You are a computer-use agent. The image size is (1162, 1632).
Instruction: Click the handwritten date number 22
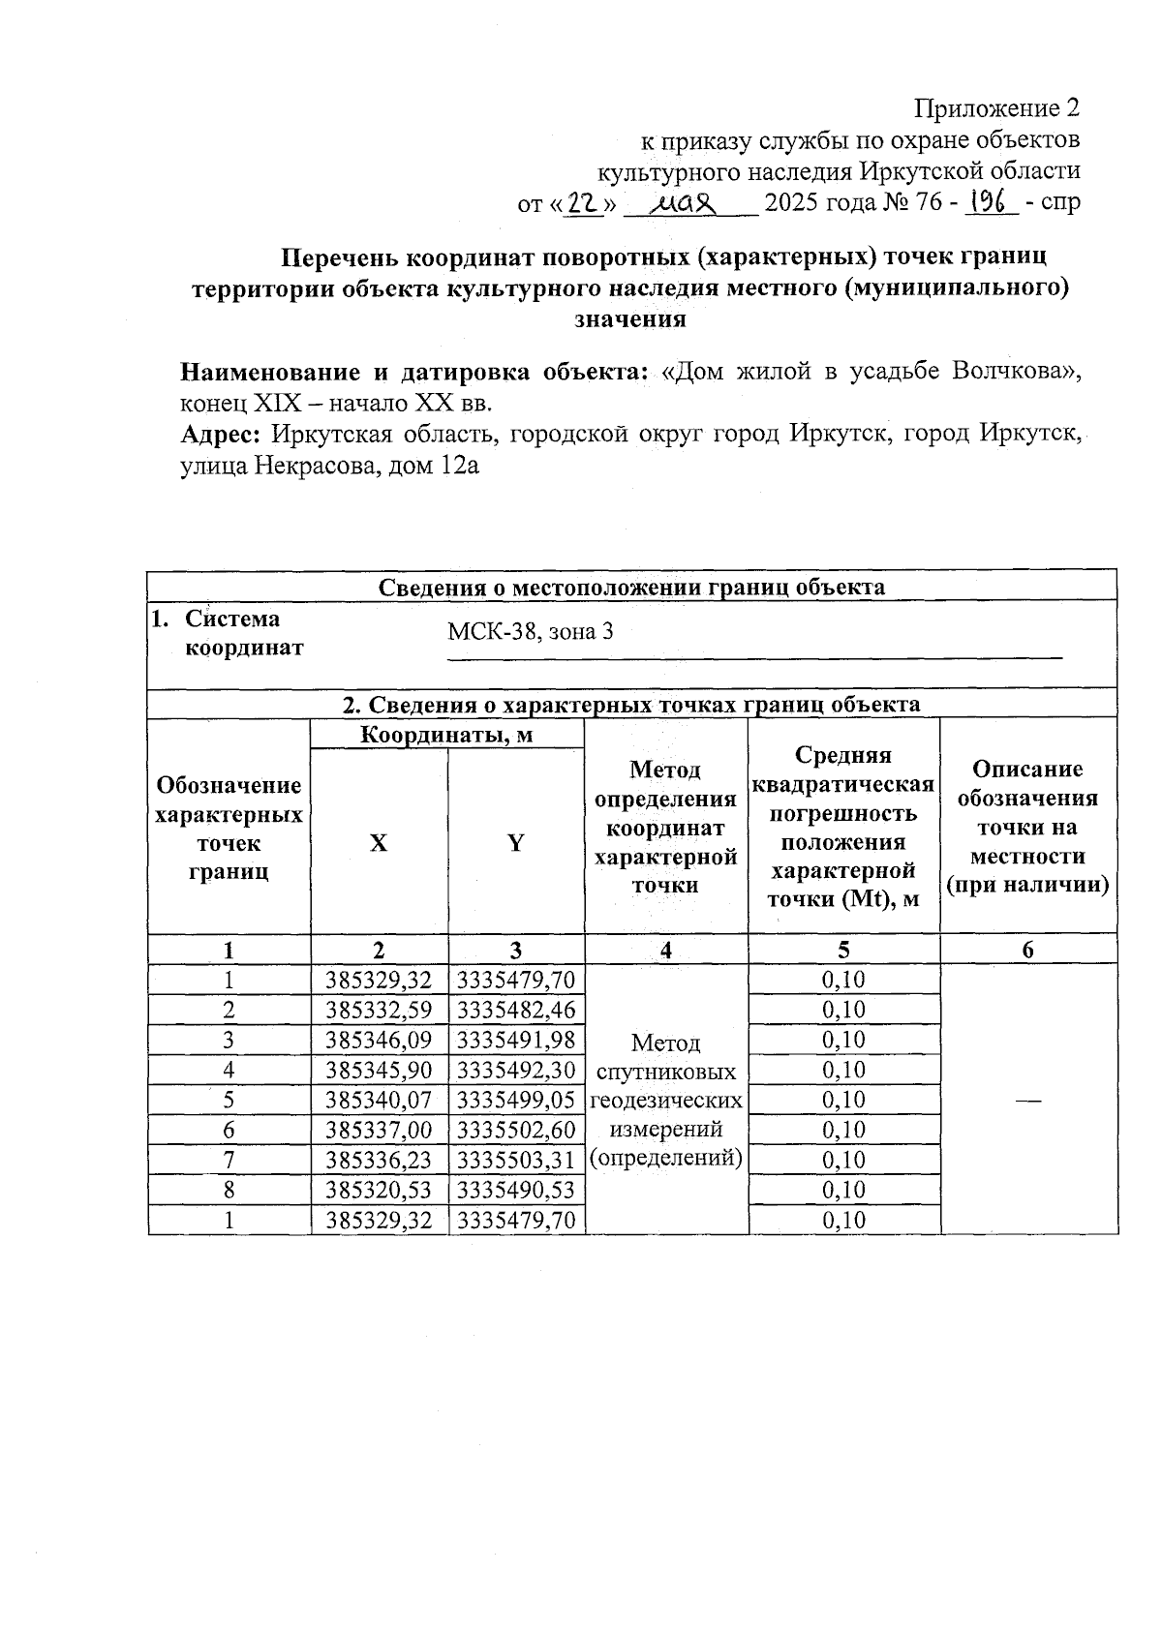[x=582, y=203]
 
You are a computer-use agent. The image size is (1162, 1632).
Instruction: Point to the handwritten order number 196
[x=990, y=201]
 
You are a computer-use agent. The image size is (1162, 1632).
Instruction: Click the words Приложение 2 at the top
[x=996, y=107]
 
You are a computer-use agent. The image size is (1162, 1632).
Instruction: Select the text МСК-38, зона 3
[x=530, y=632]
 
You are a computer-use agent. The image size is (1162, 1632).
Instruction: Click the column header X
[x=379, y=843]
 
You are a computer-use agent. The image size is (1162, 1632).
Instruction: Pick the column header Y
[x=516, y=843]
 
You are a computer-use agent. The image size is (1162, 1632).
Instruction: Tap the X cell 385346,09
[x=379, y=1040]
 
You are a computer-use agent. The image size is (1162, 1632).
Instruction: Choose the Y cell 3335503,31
[x=516, y=1160]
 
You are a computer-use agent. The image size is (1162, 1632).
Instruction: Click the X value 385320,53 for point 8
[x=379, y=1190]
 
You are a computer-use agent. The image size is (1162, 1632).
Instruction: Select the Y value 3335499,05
[x=516, y=1100]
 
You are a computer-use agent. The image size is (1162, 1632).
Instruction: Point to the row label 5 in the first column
[x=229, y=1100]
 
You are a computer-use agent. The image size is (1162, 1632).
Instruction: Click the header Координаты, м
[x=446, y=735]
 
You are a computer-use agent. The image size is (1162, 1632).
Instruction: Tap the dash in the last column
[x=1028, y=1101]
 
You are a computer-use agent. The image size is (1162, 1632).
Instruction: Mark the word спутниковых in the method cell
[x=666, y=1072]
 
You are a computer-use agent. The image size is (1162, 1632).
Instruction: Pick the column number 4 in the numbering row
[x=666, y=950]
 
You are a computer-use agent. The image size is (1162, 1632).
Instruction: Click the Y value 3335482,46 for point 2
[x=516, y=1010]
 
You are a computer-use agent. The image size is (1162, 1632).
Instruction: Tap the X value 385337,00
[x=379, y=1130]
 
